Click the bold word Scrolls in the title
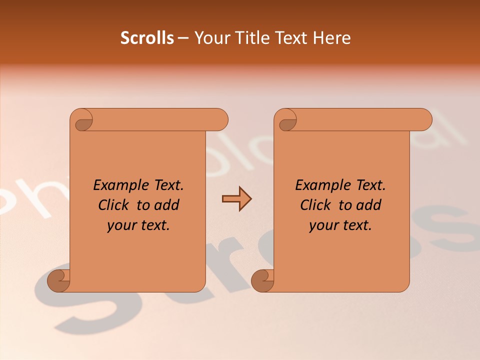click(x=147, y=38)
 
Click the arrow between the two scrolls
click(x=236, y=199)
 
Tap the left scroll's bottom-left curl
click(x=59, y=280)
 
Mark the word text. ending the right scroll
click(x=356, y=225)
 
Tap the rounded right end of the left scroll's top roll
click(x=220, y=119)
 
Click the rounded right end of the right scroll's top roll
click(x=424, y=119)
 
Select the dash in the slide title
click(x=183, y=38)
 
